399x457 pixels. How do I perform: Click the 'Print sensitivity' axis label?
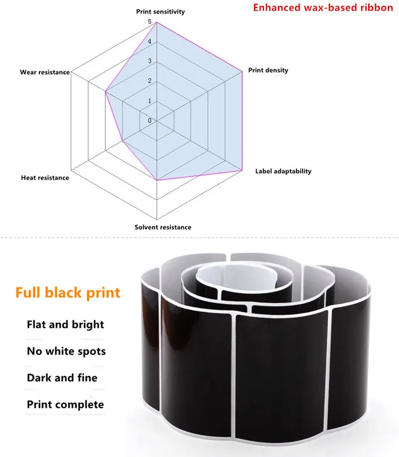pos(160,12)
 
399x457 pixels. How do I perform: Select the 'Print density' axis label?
pos(268,70)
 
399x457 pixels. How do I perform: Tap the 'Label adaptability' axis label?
pos(284,171)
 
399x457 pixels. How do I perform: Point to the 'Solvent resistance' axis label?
pos(163,227)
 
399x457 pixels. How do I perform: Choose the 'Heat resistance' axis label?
pos(45,178)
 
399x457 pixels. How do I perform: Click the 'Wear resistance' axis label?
pos(45,72)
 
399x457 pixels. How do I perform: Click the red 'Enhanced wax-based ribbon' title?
pos(323,7)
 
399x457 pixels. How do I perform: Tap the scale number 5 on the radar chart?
pos(150,22)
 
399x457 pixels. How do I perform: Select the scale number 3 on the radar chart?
pos(150,61)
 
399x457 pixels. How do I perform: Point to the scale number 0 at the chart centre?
pos(150,120)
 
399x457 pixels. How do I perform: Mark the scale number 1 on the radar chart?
pos(150,101)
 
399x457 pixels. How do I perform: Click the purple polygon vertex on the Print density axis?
pos(242,71)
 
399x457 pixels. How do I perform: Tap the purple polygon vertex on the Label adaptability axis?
pos(242,170)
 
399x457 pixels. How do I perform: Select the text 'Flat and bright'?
pos(65,325)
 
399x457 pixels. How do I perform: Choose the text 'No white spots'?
pos(66,351)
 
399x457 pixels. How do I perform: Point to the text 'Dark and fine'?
pos(62,378)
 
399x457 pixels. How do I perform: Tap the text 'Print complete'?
pos(65,404)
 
